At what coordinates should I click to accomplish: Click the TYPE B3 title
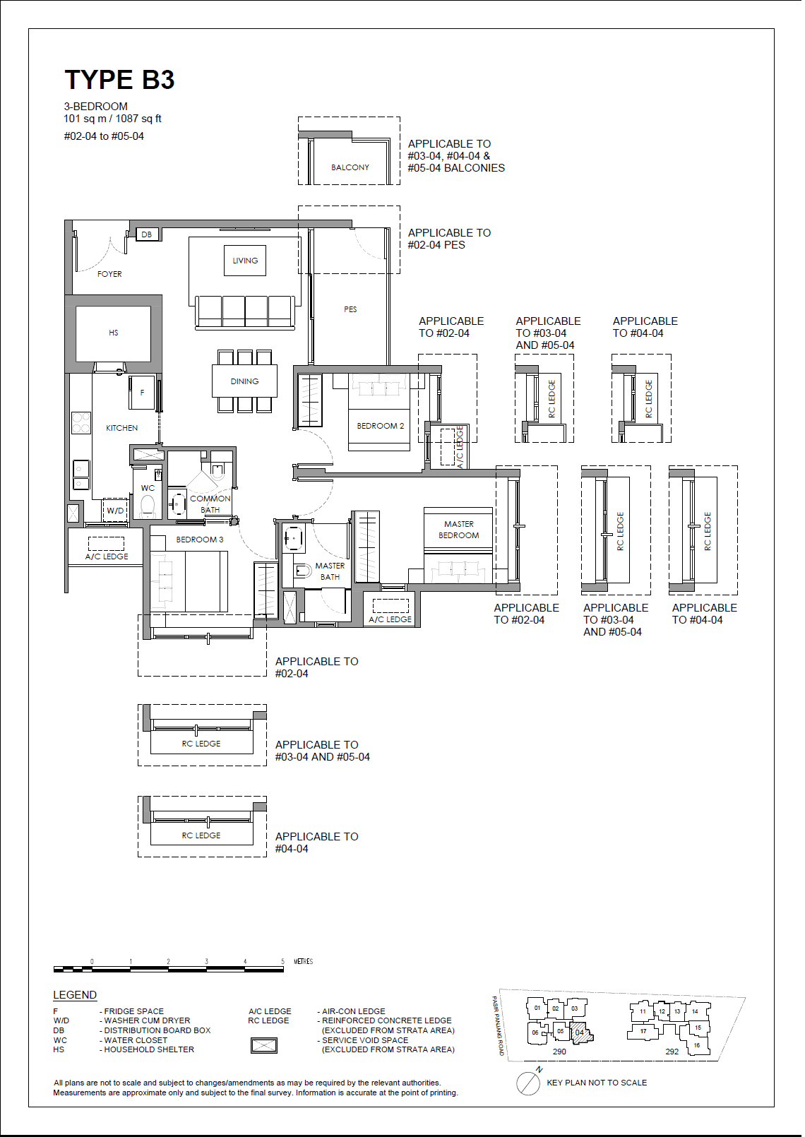(119, 80)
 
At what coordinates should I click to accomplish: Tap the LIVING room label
(245, 261)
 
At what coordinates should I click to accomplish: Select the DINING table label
(244, 381)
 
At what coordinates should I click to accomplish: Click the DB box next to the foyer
(146, 234)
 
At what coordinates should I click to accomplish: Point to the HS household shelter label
(114, 333)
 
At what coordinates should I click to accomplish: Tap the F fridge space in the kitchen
(142, 393)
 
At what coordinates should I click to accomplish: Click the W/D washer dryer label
(115, 511)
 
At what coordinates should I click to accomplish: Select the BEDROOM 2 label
(380, 426)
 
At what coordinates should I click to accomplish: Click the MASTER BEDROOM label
(458, 530)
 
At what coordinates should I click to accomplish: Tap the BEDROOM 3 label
(199, 540)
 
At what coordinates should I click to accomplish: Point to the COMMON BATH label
(210, 504)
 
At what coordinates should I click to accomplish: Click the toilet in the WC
(148, 506)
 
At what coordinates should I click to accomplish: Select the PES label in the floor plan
(350, 309)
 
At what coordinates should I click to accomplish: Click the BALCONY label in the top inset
(350, 167)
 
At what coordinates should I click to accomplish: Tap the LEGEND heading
(75, 995)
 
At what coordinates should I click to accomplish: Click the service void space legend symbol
(264, 1045)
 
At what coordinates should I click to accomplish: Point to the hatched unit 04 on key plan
(579, 1032)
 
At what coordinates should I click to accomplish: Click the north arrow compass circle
(527, 1083)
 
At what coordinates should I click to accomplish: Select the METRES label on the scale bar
(303, 961)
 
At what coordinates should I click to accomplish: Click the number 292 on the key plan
(672, 1052)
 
